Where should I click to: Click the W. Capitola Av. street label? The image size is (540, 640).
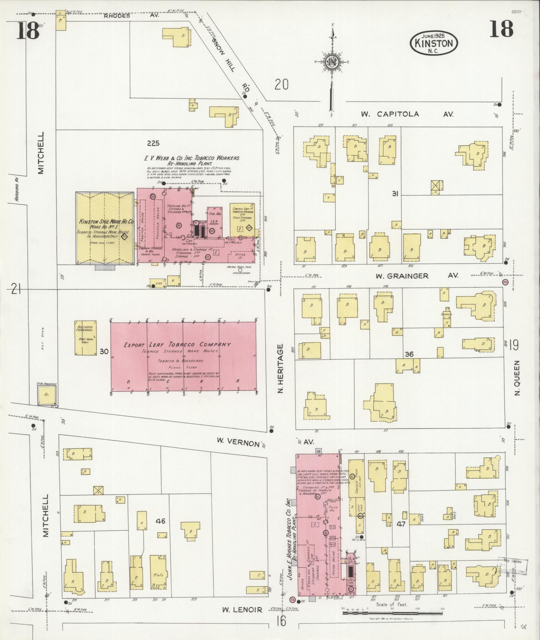407,114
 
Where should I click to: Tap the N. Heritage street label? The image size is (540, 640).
280,368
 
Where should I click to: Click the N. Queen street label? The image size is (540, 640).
517,378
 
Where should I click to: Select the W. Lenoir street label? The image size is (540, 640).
242,610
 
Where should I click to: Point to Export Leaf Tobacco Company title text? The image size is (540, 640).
177,345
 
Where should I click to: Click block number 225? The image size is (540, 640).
153,144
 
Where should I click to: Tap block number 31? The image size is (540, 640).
395,194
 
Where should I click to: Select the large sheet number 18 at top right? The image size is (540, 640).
501,29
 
